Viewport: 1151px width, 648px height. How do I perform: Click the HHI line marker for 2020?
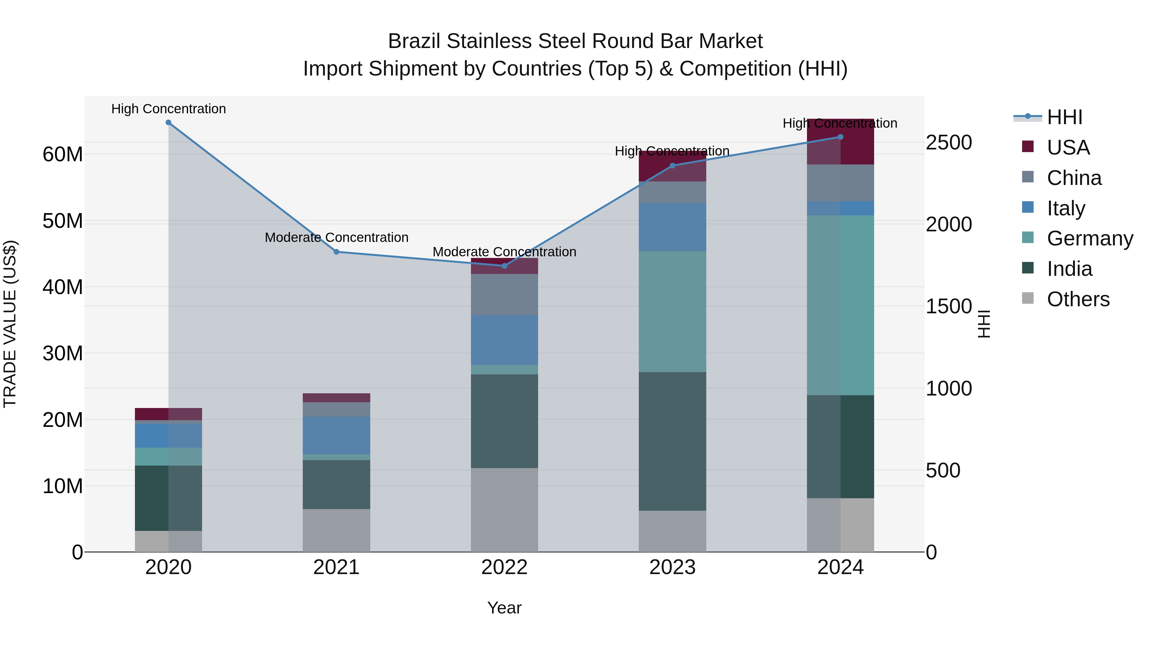(x=168, y=123)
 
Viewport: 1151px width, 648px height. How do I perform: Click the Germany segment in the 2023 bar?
(x=672, y=311)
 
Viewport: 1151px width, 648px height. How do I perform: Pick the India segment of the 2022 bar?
(x=505, y=421)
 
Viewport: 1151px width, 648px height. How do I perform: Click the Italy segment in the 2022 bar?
(x=505, y=340)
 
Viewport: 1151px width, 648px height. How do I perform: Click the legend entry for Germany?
(x=1089, y=238)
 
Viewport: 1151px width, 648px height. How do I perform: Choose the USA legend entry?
(x=1068, y=148)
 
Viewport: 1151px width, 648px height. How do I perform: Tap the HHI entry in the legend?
(x=1064, y=117)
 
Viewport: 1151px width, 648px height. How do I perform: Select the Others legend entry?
(x=1078, y=299)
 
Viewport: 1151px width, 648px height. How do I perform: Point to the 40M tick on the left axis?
(x=63, y=287)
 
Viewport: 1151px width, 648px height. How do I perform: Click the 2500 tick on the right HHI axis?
(x=949, y=143)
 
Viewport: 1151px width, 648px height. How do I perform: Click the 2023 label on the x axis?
(x=672, y=567)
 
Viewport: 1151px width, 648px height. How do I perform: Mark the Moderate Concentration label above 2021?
(x=336, y=237)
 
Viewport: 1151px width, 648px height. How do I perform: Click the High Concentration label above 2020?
(x=168, y=109)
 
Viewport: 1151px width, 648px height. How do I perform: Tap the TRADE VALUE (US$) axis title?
(x=10, y=324)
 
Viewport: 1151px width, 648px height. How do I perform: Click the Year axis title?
(x=505, y=608)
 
